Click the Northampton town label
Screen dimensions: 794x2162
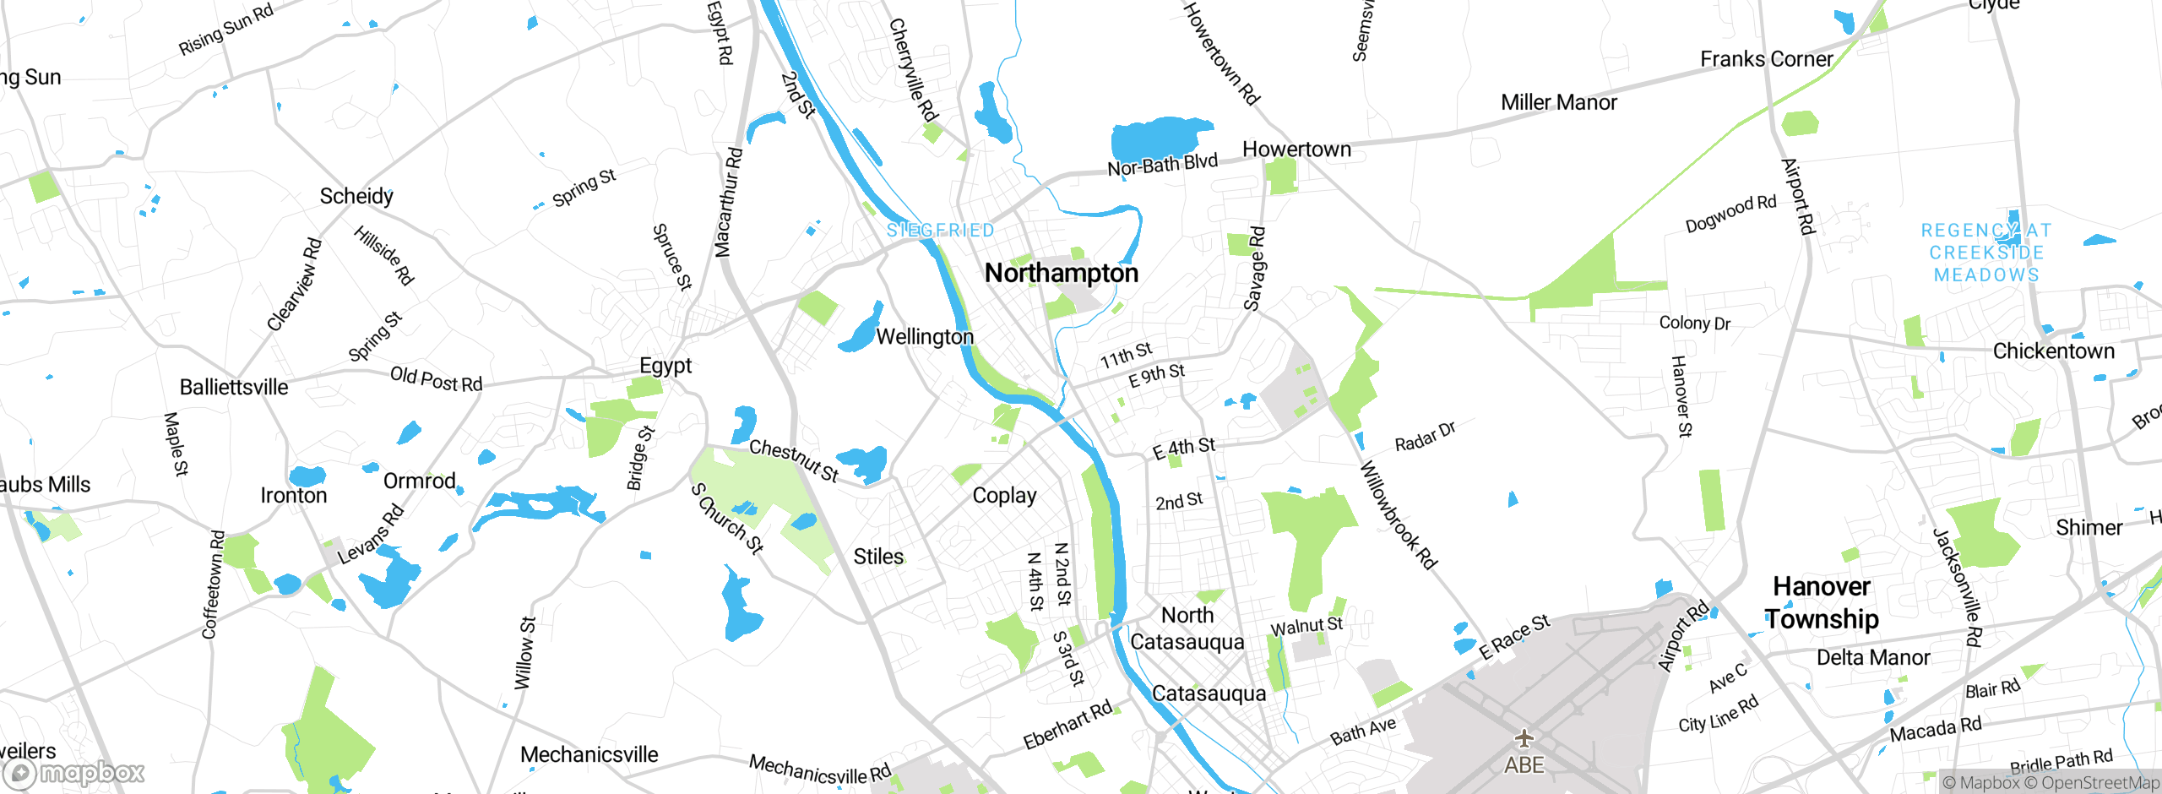(x=1062, y=273)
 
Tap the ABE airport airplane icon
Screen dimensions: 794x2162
(x=1524, y=739)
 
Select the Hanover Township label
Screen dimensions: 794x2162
(x=1822, y=602)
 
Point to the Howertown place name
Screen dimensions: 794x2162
(x=1296, y=150)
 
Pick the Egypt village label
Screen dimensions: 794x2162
(x=665, y=366)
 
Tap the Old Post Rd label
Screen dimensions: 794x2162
(x=436, y=379)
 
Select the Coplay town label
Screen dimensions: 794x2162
(x=1004, y=495)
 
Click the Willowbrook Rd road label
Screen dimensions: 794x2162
(x=1398, y=515)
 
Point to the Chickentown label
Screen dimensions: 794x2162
(x=2053, y=351)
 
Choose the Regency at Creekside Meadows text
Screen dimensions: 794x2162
(x=1986, y=253)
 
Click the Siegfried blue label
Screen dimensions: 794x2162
(x=940, y=230)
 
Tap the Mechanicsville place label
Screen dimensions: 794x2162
(x=589, y=754)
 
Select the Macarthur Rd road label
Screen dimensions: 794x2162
(x=728, y=203)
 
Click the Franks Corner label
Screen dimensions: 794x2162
(x=1766, y=59)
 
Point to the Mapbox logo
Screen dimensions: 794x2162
(x=74, y=772)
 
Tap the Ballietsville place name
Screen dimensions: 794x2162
(x=234, y=387)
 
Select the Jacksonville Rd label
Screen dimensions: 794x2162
(x=1957, y=587)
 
